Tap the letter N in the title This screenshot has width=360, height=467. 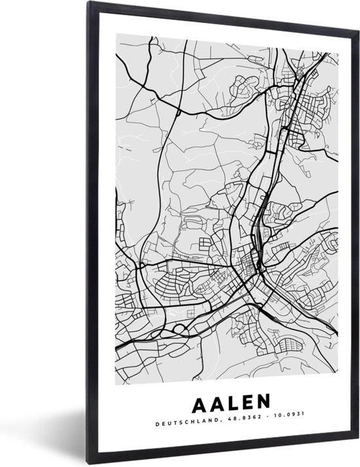(263, 399)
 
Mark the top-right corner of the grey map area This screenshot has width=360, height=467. (337, 37)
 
